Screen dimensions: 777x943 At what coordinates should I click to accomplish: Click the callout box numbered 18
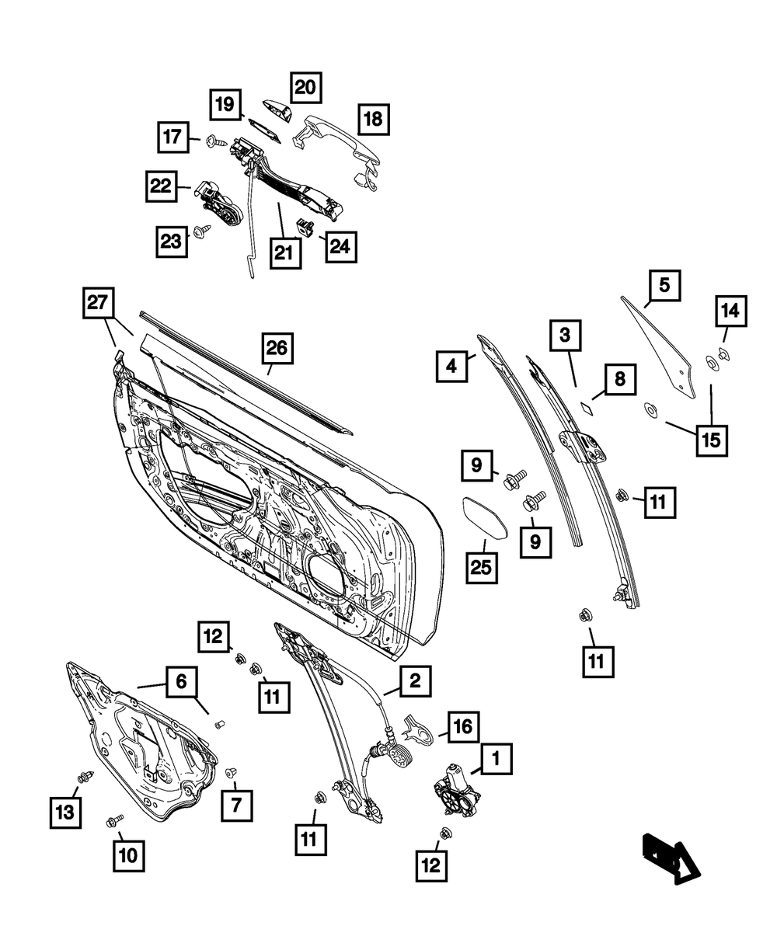click(373, 119)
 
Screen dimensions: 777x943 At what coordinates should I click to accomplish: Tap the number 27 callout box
click(99, 304)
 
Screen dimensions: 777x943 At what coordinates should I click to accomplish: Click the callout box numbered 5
click(664, 285)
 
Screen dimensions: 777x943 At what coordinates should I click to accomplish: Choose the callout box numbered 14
click(730, 311)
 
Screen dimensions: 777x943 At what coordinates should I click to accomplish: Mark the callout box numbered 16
click(462, 727)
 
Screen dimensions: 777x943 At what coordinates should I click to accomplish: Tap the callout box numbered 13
click(64, 813)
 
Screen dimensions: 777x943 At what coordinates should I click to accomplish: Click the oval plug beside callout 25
click(485, 517)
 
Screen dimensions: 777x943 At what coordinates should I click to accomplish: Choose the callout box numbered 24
click(340, 246)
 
